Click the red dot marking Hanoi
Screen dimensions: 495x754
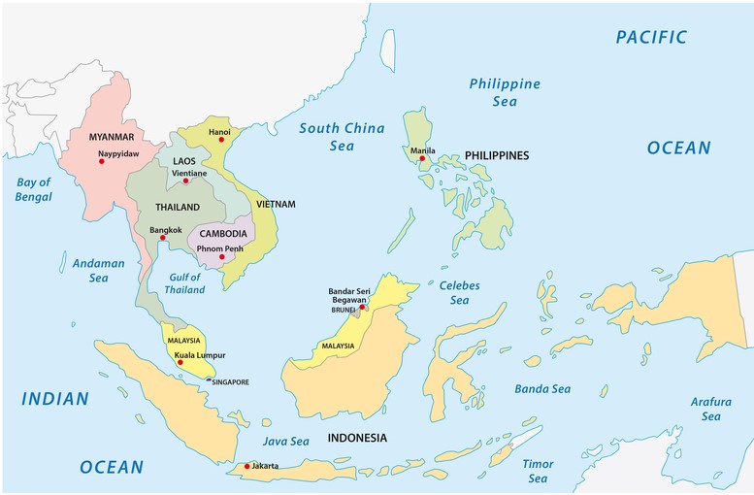click(221, 140)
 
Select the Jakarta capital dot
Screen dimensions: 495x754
click(247, 467)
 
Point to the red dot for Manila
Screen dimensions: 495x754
click(422, 159)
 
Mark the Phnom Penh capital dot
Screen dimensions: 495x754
click(221, 257)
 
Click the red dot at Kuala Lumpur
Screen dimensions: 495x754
click(180, 362)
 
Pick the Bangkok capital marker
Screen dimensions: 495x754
click(163, 238)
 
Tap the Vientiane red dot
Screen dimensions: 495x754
click(186, 181)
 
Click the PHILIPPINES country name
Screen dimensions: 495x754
click(496, 155)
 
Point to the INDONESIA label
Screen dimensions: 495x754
click(357, 438)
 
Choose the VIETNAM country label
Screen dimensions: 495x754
click(276, 205)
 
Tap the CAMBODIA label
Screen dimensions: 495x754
click(222, 234)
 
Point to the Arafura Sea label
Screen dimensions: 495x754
click(710, 409)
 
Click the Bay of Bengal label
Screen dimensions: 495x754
click(33, 189)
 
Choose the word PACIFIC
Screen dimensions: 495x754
click(651, 38)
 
